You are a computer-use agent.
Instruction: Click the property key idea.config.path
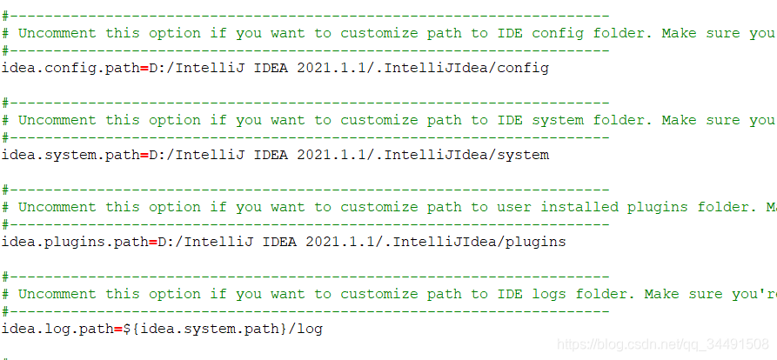70,68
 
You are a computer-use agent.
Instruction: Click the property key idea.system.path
70,155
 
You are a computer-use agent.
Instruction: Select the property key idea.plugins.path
74,242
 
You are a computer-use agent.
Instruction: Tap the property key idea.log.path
57,329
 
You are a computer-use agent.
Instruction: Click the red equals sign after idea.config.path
144,68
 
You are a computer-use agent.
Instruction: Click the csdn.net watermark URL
662,345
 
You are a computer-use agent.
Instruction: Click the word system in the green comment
558,120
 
